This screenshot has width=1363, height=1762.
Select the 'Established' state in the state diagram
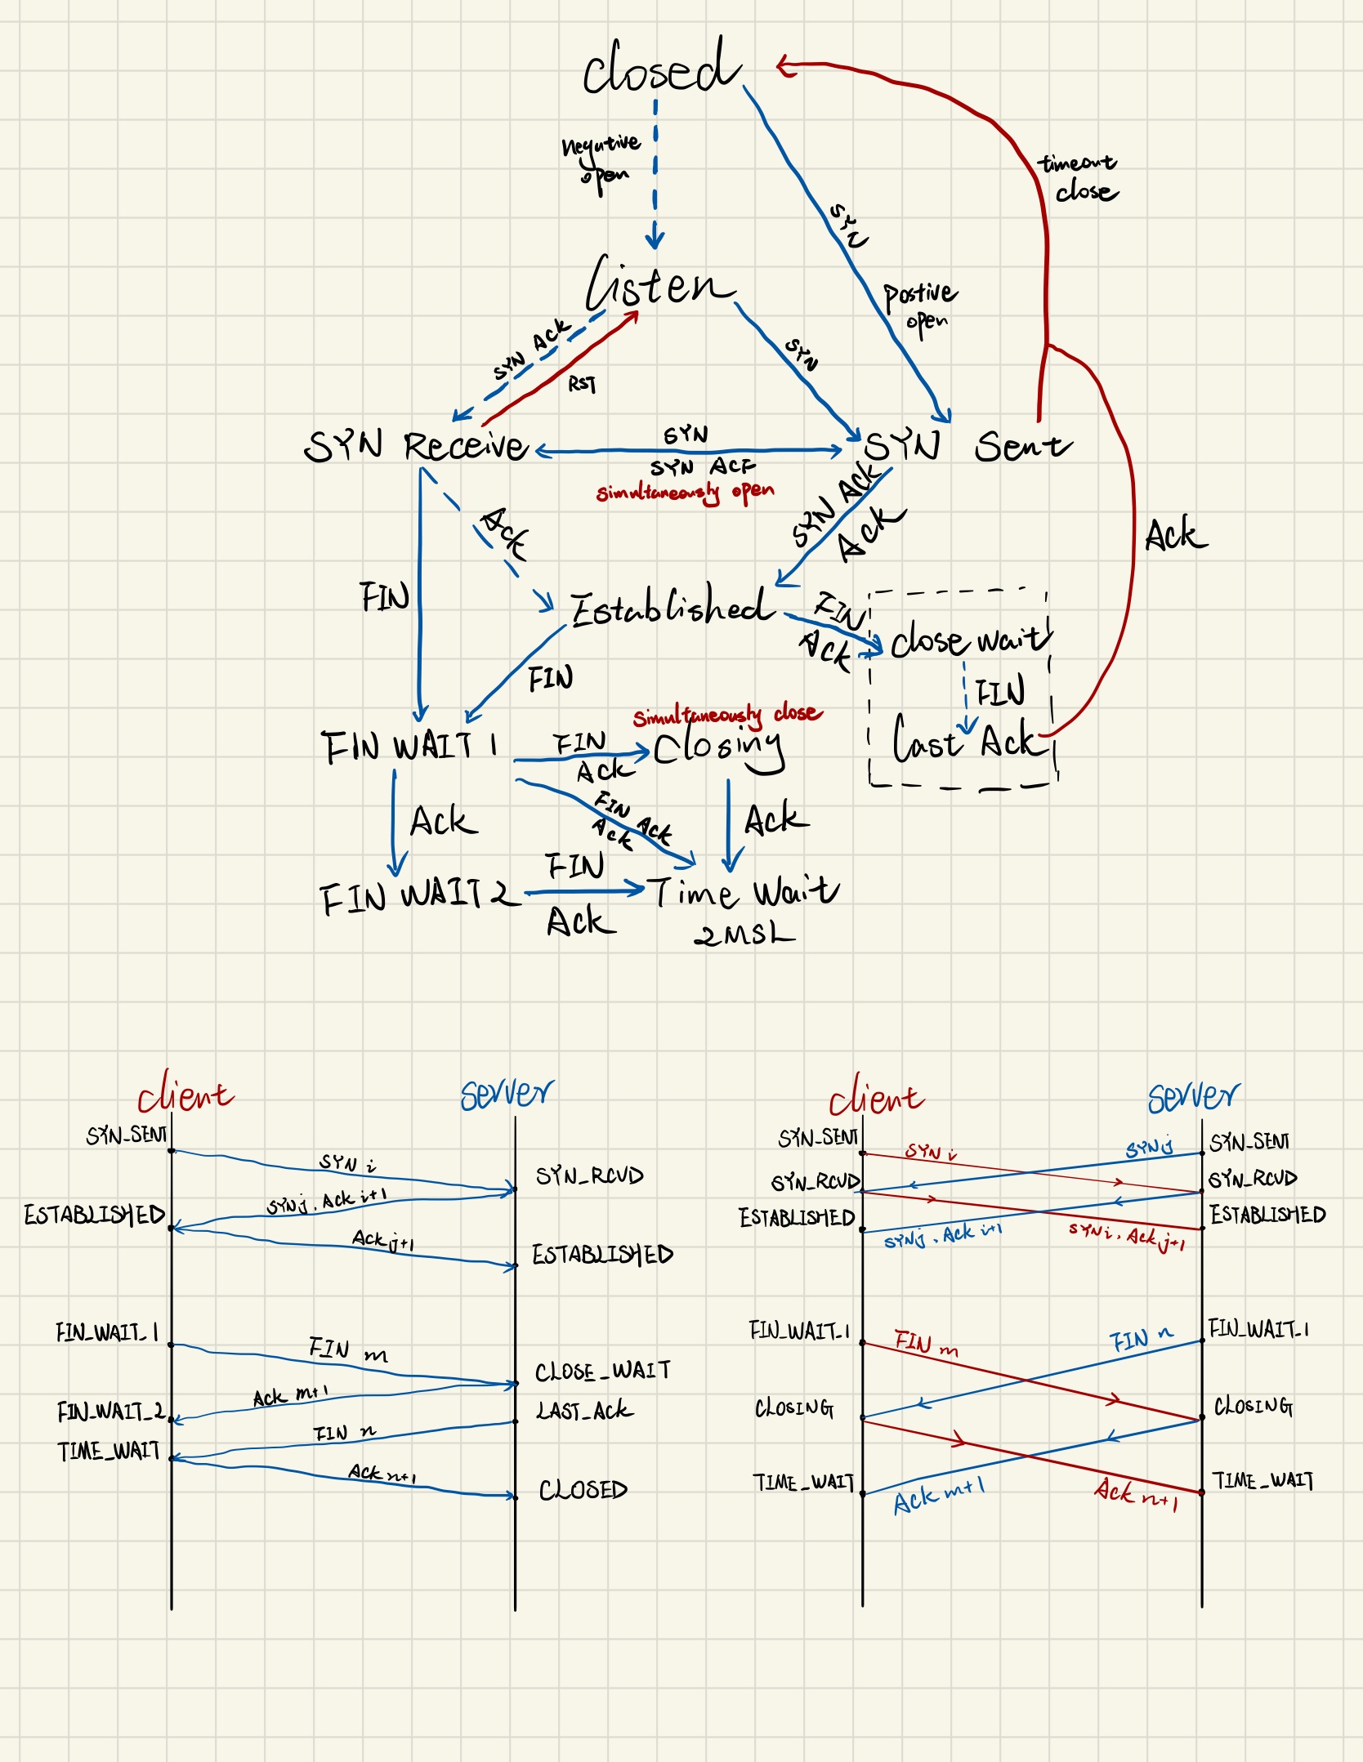tap(672, 608)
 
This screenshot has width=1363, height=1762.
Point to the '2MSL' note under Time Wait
tap(744, 934)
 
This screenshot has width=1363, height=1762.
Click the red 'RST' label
tap(582, 383)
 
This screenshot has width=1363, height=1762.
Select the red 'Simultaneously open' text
tap(685, 492)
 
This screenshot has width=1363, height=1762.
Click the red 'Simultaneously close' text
tap(727, 715)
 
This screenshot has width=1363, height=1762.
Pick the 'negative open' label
tap(602, 159)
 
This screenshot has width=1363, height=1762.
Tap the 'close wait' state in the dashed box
tap(969, 640)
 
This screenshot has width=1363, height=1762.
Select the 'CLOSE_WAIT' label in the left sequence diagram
tap(603, 1371)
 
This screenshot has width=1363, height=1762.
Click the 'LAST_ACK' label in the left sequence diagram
tap(583, 1410)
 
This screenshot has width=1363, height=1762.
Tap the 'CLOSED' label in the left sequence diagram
tap(583, 1490)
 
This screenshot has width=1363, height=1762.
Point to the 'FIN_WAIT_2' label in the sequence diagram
tap(110, 1411)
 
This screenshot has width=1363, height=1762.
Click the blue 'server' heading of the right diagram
tap(1193, 1096)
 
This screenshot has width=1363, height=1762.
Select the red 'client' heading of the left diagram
tap(185, 1093)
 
